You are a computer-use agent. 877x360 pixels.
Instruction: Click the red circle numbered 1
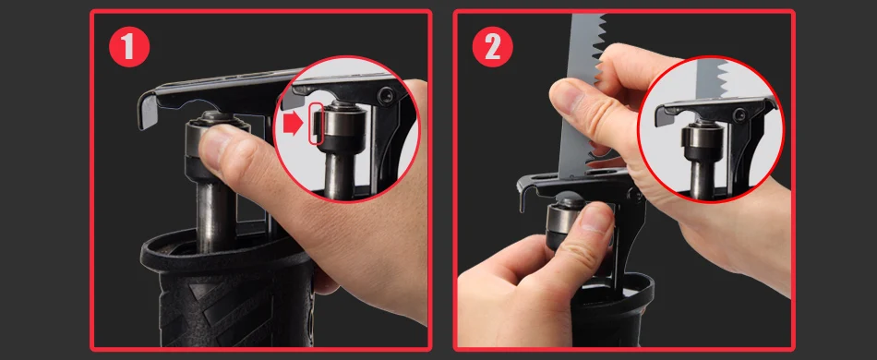click(129, 46)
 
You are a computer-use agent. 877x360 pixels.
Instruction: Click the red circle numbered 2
click(493, 46)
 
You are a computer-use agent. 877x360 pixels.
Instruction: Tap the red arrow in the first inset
click(293, 125)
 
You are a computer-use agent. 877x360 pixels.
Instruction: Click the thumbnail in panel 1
click(346, 129)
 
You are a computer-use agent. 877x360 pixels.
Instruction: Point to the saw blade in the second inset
click(710, 78)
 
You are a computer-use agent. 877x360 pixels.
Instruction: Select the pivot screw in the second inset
click(739, 116)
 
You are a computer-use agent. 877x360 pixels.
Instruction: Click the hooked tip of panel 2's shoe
click(523, 198)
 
